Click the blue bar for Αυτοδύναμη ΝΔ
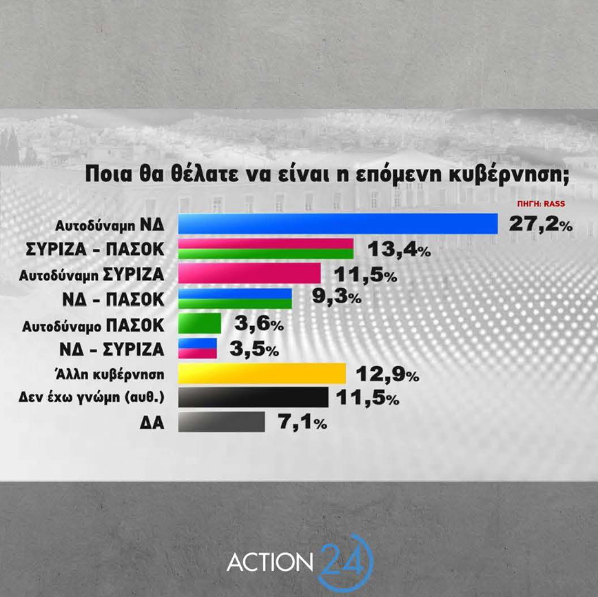pos(338,224)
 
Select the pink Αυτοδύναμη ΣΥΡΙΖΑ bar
pos(249,273)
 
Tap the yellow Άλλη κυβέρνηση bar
pos(262,373)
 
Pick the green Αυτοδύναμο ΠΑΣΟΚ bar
pos(200,323)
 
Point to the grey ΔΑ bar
pos(221,422)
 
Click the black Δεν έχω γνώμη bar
pos(253,397)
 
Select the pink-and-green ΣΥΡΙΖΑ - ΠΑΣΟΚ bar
pos(265,249)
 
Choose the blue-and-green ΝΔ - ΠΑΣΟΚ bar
pos(235,298)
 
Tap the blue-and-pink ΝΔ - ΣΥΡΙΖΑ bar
pos(198,348)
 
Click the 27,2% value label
pos(541,223)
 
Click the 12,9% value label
pos(386,374)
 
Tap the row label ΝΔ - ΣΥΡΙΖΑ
pos(116,347)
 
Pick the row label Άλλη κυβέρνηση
pos(112,374)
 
